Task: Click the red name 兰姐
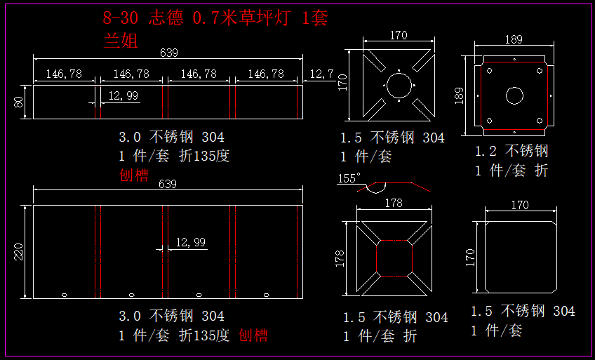(120, 39)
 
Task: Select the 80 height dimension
(20, 102)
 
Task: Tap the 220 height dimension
(20, 251)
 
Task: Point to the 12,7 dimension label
(321, 73)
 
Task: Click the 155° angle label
(349, 178)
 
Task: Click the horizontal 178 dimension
(394, 203)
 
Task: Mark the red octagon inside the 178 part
(394, 258)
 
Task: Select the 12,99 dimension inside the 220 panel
(190, 242)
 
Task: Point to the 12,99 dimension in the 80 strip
(123, 96)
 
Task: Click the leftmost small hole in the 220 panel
(64, 294)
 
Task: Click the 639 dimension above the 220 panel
(168, 185)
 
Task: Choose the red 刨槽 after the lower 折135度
(253, 335)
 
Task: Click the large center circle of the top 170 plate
(398, 86)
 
